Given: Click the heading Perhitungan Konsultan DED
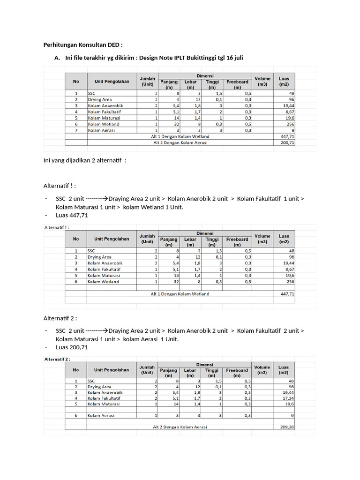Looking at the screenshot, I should [83, 45].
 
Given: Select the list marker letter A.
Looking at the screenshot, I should [57, 58].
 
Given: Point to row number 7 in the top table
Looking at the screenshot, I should [75, 130].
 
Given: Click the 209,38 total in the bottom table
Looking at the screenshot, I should [285, 427].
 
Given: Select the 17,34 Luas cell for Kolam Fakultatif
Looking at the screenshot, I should [287, 397].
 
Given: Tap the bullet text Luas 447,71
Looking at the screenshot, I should [72, 216].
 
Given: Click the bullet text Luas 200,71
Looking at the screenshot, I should [72, 347].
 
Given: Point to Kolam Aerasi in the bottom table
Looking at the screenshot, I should [101, 415].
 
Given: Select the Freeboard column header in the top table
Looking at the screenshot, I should [237, 84].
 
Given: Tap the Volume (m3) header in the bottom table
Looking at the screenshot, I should [262, 370].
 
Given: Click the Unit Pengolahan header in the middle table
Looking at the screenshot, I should [112, 239].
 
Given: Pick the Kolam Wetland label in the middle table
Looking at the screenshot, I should [103, 282].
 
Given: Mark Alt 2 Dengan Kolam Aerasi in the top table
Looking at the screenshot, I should [180, 142].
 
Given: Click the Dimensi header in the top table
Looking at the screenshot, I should [205, 75].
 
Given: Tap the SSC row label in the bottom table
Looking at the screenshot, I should [91, 381].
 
